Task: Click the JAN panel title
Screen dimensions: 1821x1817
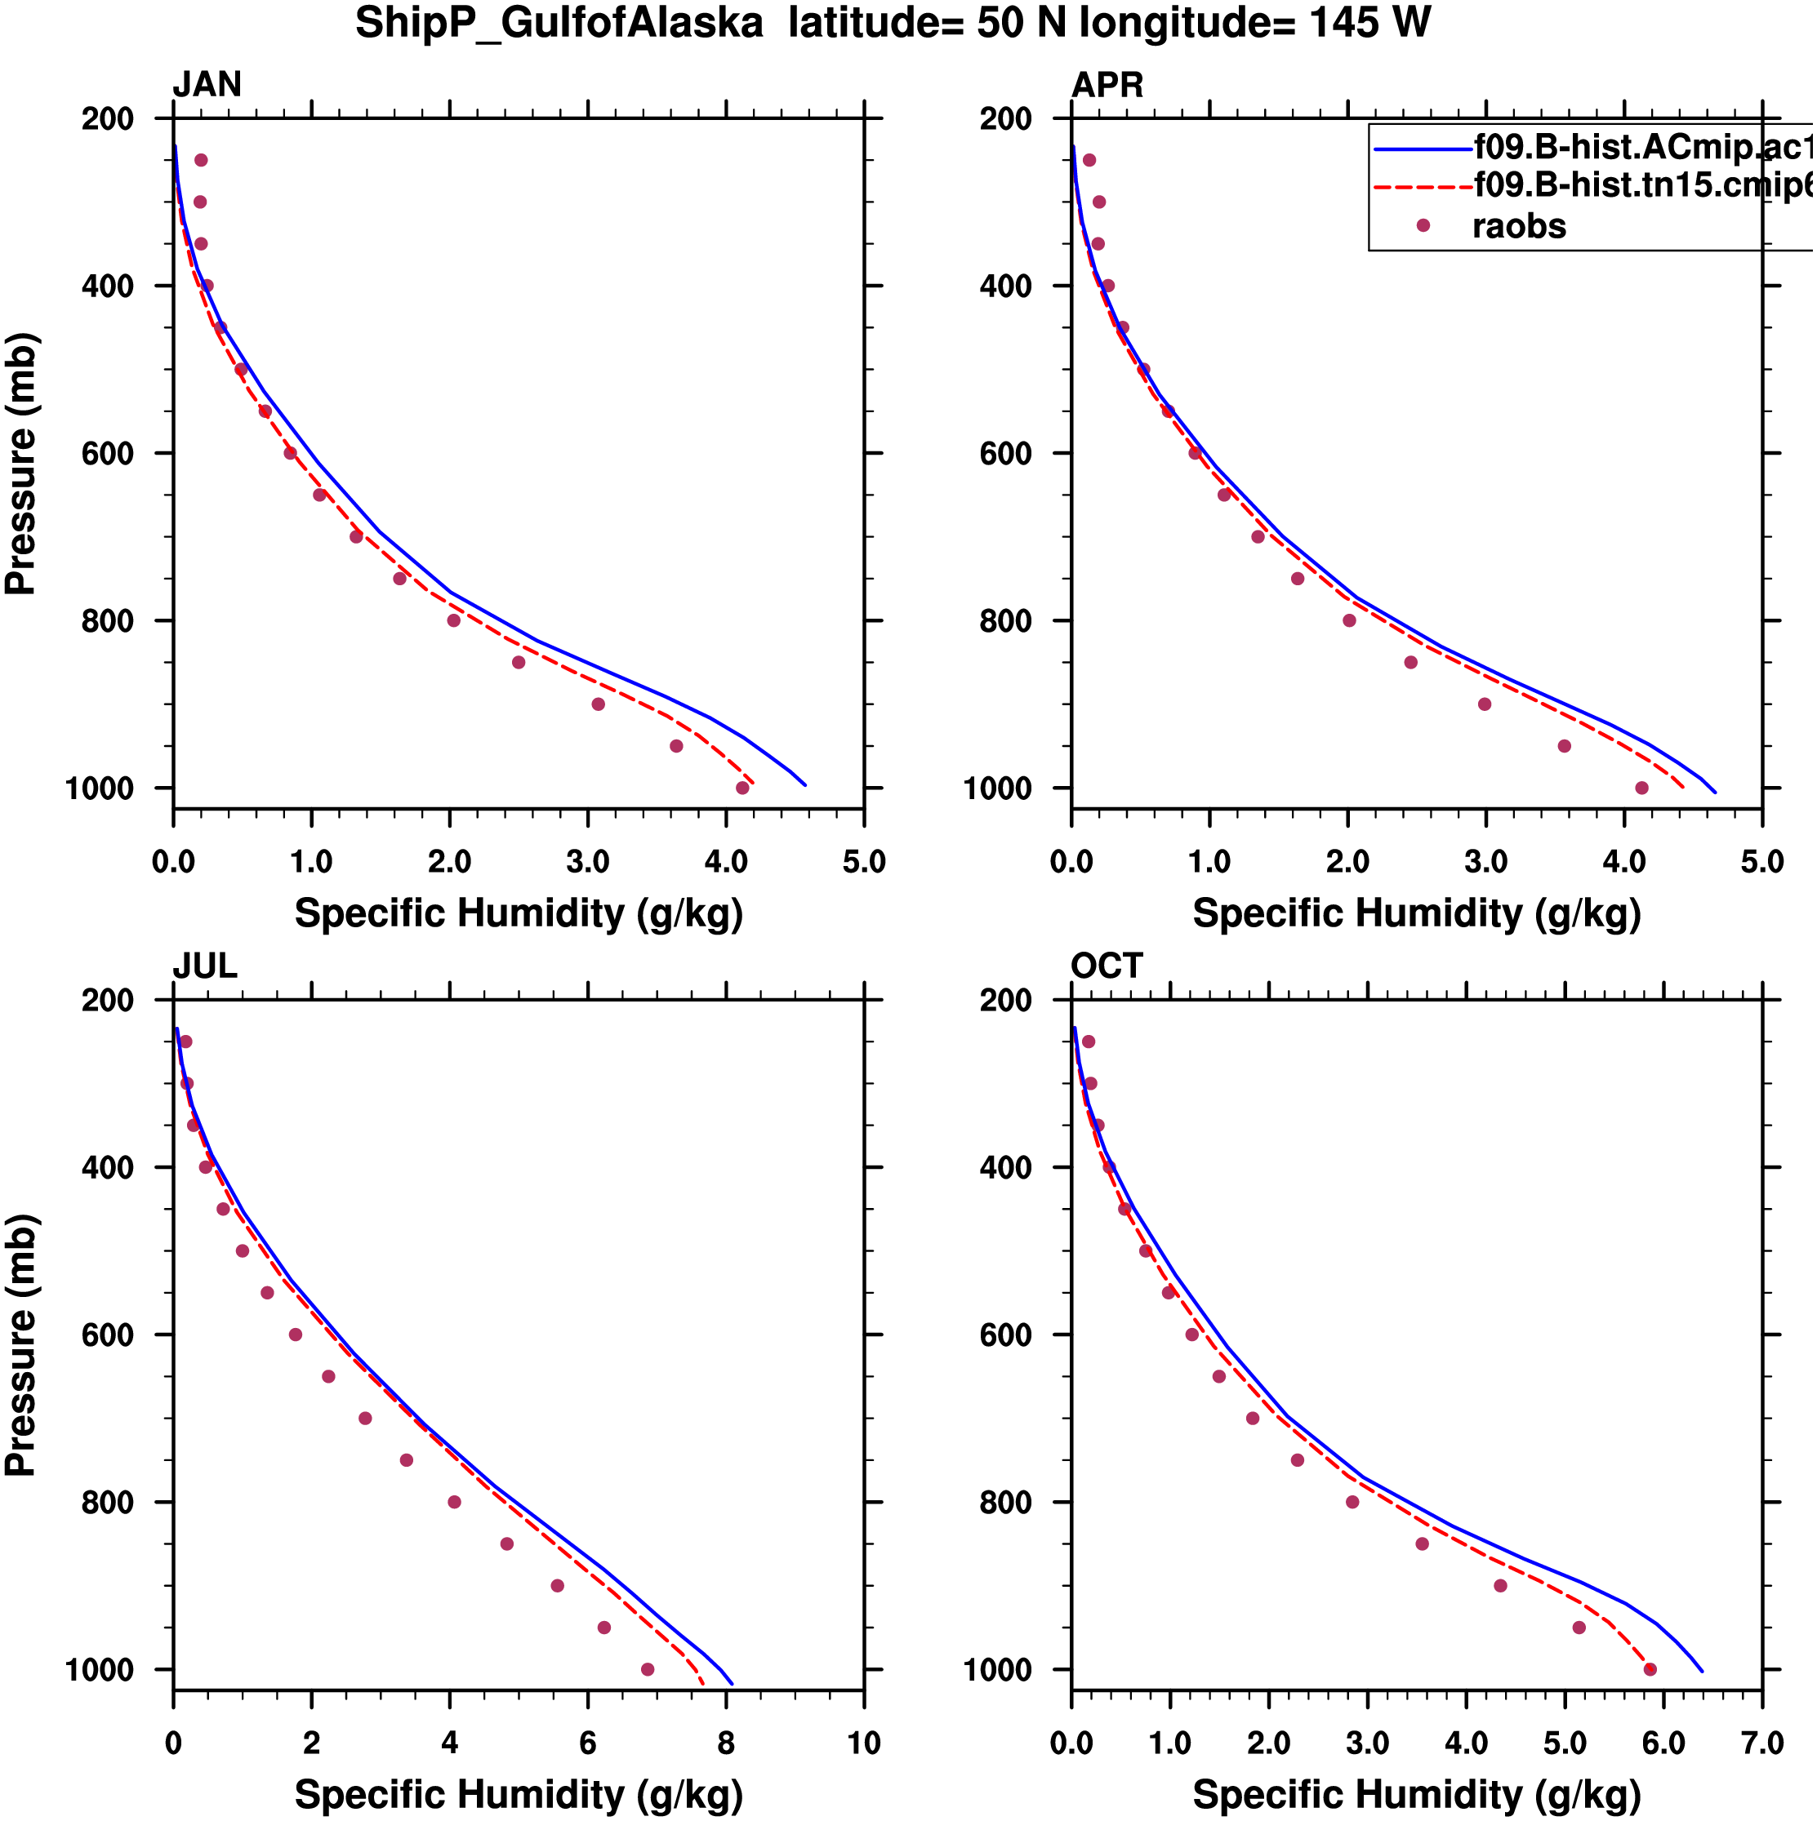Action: pyautogui.click(x=207, y=85)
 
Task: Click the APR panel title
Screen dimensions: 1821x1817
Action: pyautogui.click(x=1107, y=85)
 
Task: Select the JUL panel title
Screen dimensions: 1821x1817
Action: pyautogui.click(x=205, y=966)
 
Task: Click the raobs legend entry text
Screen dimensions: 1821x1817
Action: pyautogui.click(x=1519, y=226)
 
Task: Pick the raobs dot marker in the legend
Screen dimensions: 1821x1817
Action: pyautogui.click(x=1423, y=225)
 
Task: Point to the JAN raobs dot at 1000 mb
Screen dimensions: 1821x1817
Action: pyautogui.click(x=742, y=788)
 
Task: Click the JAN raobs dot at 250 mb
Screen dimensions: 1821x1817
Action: pyautogui.click(x=201, y=160)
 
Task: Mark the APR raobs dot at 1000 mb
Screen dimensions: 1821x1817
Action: pyautogui.click(x=1641, y=788)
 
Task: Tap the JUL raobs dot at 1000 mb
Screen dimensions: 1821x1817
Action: pyautogui.click(x=648, y=1669)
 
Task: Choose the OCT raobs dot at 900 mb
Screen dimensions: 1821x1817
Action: pyautogui.click(x=1500, y=1585)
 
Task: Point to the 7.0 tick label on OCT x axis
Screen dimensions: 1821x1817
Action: pyautogui.click(x=1761, y=1743)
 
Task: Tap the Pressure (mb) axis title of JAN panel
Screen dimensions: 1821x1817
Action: pyautogui.click(x=20, y=463)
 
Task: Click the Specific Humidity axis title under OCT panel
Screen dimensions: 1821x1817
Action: pyautogui.click(x=1416, y=1795)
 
